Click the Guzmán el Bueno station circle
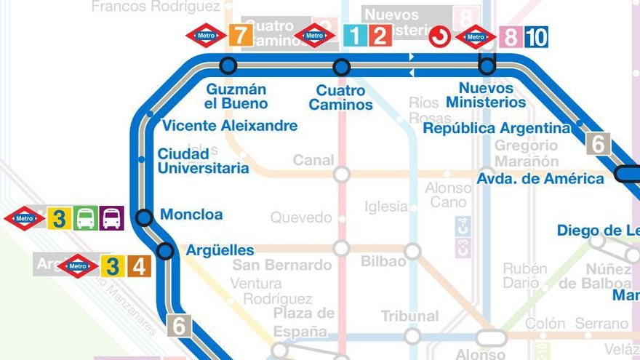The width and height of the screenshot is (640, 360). (228, 65)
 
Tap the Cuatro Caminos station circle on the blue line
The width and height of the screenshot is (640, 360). (341, 68)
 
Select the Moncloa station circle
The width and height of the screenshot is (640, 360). (145, 217)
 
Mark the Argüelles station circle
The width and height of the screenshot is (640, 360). (166, 251)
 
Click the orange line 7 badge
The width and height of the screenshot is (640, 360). (240, 35)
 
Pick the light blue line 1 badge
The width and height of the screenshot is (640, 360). (355, 35)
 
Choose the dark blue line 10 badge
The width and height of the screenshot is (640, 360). (536, 36)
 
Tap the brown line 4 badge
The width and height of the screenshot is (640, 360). (139, 266)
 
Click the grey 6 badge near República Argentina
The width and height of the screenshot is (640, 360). (599, 144)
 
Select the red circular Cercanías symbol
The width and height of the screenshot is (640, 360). (439, 36)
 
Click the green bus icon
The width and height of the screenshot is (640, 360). (85, 218)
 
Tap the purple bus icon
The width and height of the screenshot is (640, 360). (111, 218)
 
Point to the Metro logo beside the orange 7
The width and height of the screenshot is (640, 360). (205, 35)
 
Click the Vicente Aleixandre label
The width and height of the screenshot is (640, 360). (229, 126)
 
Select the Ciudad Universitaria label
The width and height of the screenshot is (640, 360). (203, 161)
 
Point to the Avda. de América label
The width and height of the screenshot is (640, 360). (540, 178)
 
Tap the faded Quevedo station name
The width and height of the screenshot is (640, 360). (300, 217)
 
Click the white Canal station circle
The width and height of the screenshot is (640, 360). (341, 175)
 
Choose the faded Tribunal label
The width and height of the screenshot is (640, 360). (409, 316)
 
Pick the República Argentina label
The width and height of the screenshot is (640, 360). (497, 129)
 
